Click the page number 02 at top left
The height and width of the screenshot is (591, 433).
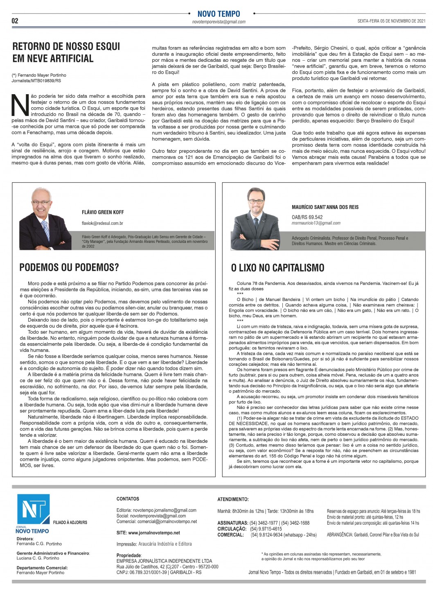15,21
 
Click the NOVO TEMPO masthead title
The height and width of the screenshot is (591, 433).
219,14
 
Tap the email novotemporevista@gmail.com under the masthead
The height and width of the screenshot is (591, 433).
219,22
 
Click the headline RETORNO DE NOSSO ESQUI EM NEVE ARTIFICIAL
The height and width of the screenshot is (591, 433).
66,52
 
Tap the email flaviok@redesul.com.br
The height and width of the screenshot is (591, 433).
102,224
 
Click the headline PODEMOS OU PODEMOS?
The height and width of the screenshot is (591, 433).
69,267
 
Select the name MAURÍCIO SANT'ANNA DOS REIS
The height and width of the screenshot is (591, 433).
325,207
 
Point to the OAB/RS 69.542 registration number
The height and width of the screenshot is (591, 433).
307,217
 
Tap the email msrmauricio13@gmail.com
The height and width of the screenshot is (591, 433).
316,223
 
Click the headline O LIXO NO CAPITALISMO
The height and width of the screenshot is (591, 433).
277,268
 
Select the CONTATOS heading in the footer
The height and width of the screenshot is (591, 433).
128,499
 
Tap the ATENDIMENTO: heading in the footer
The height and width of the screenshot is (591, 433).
233,499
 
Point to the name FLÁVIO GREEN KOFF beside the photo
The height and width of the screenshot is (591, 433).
103,212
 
